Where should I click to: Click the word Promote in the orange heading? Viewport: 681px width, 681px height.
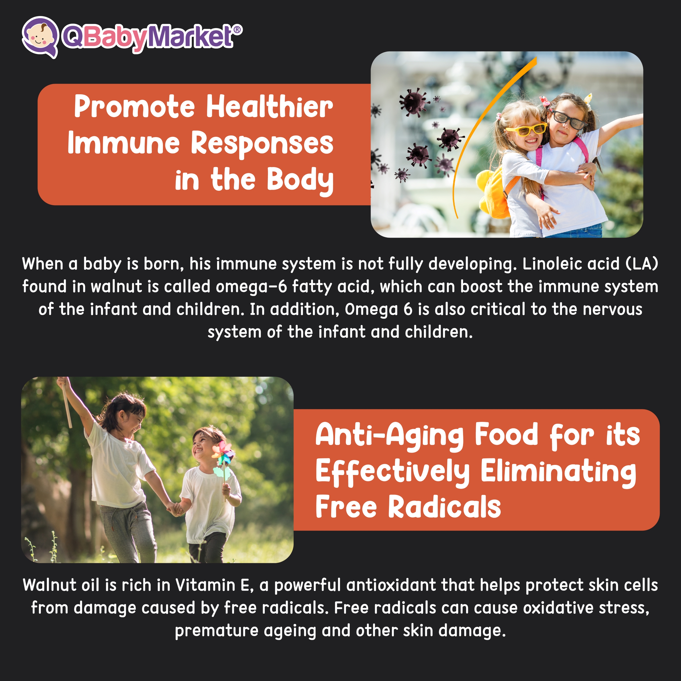134,107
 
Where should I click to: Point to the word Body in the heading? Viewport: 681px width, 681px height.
300,181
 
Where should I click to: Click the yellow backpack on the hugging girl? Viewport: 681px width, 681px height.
497,192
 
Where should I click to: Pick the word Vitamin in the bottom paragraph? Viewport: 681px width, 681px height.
205,585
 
